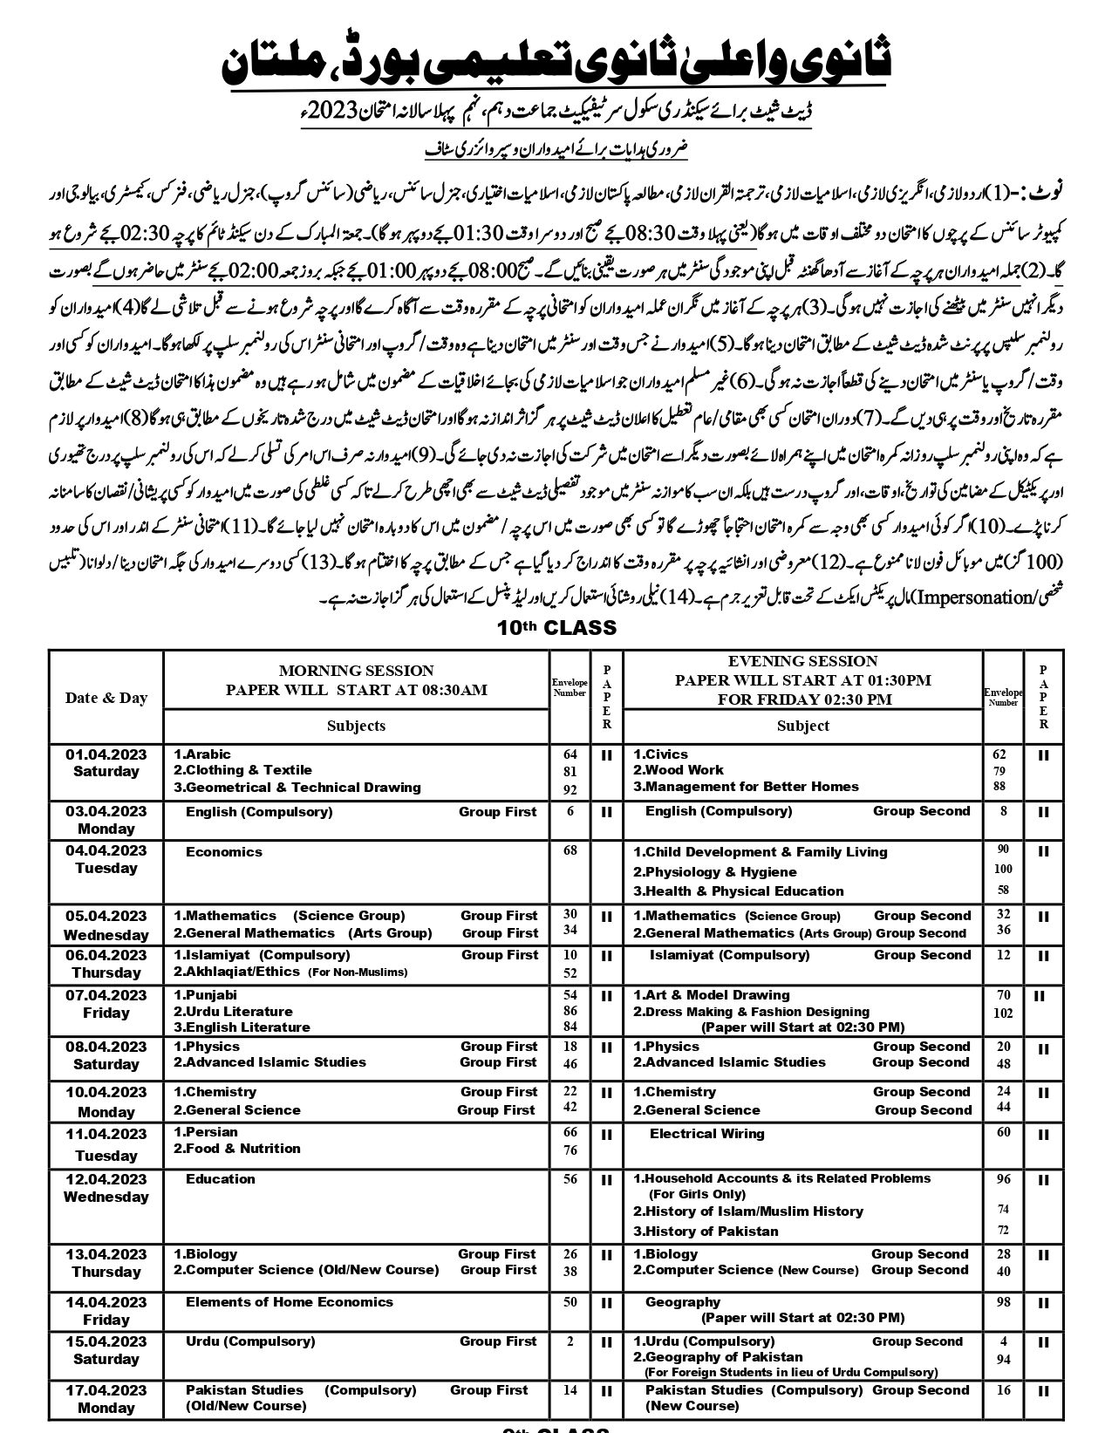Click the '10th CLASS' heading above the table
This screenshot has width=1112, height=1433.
(556, 628)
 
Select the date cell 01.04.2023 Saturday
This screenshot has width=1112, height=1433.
(106, 762)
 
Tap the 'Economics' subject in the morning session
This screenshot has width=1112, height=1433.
(224, 852)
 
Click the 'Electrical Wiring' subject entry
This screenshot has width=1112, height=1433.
(706, 1134)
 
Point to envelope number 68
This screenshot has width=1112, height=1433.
(570, 850)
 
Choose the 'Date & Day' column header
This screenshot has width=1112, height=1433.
(106, 698)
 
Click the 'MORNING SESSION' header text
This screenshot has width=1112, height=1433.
(356, 671)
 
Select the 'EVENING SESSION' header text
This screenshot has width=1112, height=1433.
(802, 661)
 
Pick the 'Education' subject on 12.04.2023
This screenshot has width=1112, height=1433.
(221, 1179)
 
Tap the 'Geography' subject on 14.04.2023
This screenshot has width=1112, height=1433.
(683, 1302)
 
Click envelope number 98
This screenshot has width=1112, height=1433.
(1004, 1302)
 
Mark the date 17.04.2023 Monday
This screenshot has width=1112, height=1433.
(106, 1398)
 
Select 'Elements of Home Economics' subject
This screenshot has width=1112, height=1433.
(290, 1302)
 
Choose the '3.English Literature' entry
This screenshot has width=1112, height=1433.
(230, 1027)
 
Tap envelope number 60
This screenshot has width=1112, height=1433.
(1004, 1132)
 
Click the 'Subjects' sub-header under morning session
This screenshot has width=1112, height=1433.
(356, 726)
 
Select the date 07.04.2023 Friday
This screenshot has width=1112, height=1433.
(106, 1004)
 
